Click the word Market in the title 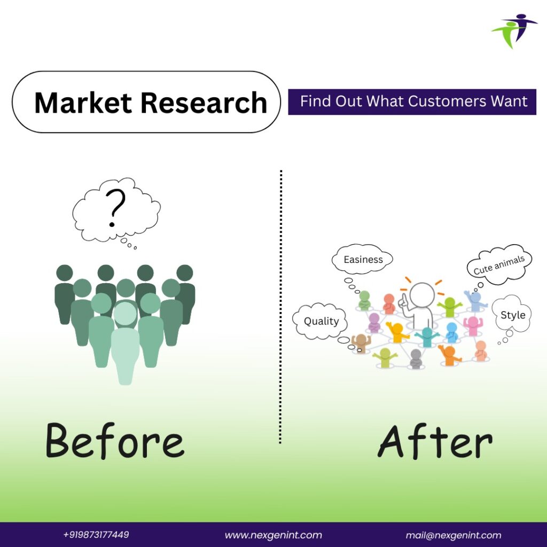click(83, 103)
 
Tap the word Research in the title click(204, 103)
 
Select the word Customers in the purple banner click(447, 101)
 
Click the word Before click(115, 440)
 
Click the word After click(435, 441)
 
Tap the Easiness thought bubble click(362, 259)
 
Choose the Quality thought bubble click(320, 321)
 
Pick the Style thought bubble click(512, 314)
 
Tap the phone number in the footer click(96, 534)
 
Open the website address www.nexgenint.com click(273, 535)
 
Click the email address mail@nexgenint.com click(453, 535)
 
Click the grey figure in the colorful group click(416, 358)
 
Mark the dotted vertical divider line click(280, 307)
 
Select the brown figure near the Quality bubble click(361, 343)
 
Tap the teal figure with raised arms click(427, 337)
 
